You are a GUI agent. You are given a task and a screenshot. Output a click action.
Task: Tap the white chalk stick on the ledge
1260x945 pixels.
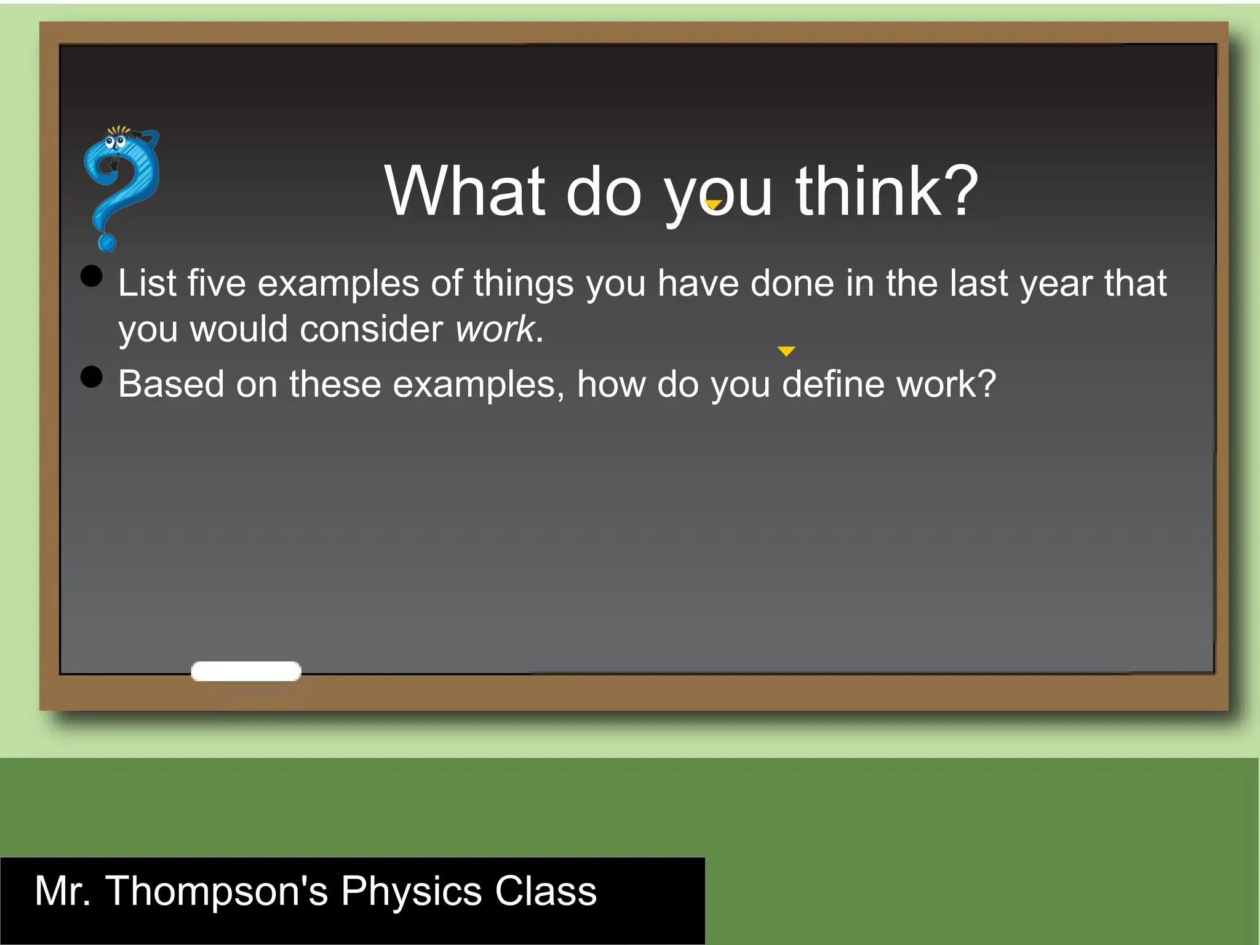tap(246, 671)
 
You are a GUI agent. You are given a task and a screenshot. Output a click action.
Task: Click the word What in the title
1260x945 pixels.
tap(465, 191)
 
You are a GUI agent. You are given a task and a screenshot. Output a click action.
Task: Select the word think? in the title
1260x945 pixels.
tap(887, 191)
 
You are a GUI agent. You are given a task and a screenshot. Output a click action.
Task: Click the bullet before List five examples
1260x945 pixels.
tap(92, 276)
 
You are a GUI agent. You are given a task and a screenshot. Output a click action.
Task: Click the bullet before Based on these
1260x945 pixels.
tap(92, 377)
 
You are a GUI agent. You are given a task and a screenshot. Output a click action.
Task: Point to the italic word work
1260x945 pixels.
tap(495, 329)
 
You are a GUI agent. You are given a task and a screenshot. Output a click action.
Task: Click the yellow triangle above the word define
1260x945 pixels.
tap(786, 351)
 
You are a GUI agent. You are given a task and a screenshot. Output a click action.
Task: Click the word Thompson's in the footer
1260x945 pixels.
tap(217, 891)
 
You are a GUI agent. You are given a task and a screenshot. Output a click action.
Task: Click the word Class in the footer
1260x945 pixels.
tap(546, 891)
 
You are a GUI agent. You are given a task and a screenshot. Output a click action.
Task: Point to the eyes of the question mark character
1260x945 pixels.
tap(115, 143)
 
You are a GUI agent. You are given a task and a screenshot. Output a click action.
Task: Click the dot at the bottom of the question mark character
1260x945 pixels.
tap(107, 243)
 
